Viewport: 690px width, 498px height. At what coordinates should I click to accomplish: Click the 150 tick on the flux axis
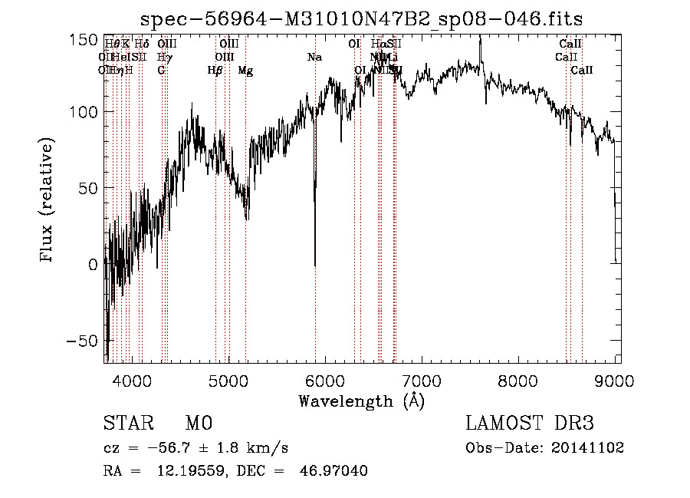(x=84, y=40)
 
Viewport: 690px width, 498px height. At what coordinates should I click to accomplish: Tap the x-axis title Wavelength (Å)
(x=361, y=401)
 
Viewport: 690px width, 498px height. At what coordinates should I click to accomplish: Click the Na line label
(x=314, y=58)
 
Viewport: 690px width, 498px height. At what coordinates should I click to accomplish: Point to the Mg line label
(x=245, y=71)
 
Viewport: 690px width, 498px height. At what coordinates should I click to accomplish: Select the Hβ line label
(x=215, y=71)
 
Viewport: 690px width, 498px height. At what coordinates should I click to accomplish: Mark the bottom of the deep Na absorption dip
(x=315, y=265)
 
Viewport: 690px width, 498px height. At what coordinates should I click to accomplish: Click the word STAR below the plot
(x=127, y=424)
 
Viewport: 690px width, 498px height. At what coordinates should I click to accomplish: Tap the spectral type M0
(x=199, y=424)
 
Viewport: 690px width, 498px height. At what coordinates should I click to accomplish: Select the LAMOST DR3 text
(x=530, y=424)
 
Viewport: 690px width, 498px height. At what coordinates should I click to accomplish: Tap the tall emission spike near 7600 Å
(x=480, y=40)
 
